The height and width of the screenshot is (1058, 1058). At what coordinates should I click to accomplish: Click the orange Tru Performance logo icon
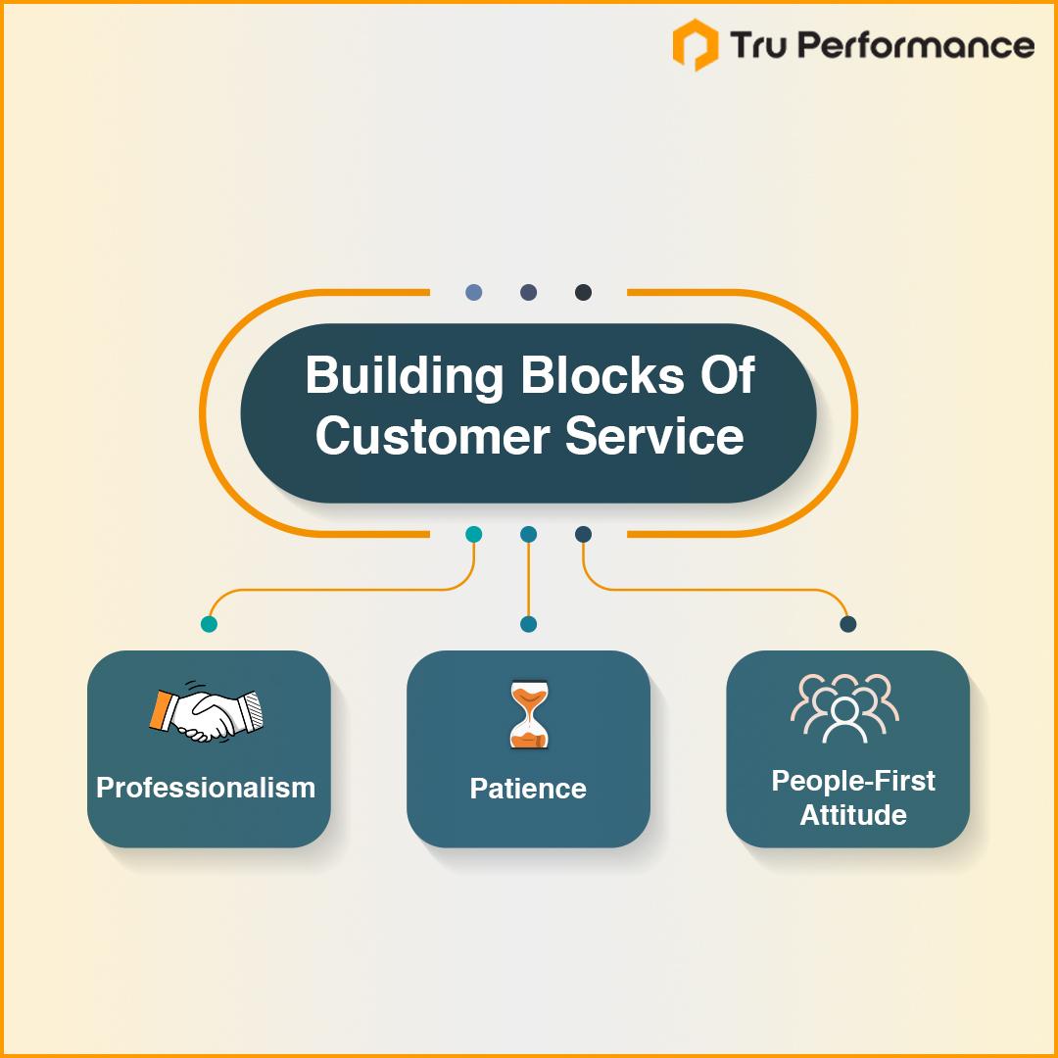click(695, 44)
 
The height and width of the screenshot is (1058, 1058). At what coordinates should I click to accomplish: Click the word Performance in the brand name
click(918, 46)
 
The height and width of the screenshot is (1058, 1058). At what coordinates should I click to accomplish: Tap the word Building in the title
click(405, 376)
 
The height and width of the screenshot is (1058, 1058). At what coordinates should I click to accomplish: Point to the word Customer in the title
click(433, 436)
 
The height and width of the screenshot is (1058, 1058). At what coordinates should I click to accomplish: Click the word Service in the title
click(654, 436)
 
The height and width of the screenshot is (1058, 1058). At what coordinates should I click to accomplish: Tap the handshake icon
click(207, 714)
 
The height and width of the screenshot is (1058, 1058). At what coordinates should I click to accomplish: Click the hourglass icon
click(529, 714)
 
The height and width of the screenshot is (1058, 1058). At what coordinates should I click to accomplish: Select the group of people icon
click(844, 708)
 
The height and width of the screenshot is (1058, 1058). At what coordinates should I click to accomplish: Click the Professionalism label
click(206, 788)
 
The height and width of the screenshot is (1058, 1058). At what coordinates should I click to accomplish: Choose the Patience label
click(528, 788)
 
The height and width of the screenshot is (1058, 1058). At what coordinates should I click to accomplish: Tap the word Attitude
click(853, 814)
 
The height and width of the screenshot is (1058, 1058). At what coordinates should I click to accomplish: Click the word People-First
click(853, 781)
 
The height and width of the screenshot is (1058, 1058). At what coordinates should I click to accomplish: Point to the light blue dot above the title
click(474, 292)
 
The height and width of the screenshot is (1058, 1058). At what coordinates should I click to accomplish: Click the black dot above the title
click(583, 292)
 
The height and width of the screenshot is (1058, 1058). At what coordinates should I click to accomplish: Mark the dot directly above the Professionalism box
click(210, 624)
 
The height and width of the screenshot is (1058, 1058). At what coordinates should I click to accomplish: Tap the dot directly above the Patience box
click(528, 624)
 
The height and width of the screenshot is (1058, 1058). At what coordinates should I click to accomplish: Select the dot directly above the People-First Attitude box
click(848, 624)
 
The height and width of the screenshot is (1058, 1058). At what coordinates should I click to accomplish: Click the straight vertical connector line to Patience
click(528, 580)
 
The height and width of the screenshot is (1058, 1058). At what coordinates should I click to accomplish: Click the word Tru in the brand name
click(758, 44)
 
